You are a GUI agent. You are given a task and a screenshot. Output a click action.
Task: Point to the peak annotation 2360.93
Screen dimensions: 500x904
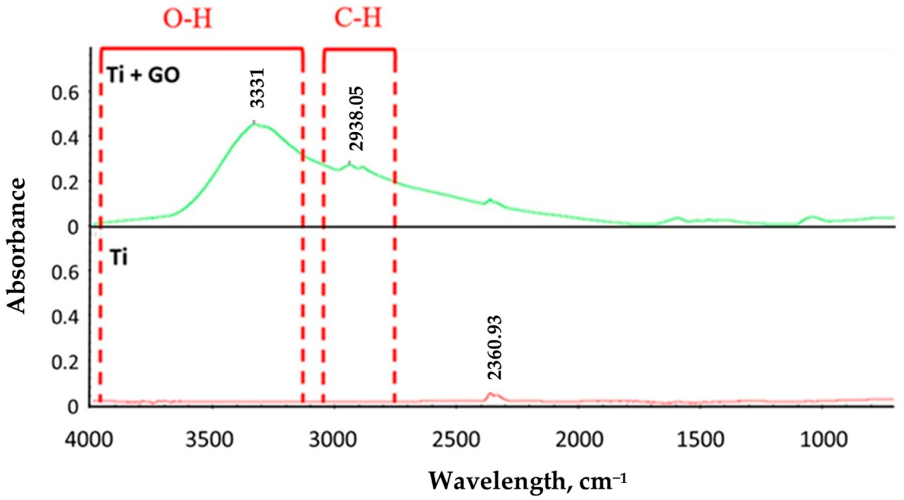tap(495, 348)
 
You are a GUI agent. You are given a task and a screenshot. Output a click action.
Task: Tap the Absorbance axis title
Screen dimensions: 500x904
tap(17, 246)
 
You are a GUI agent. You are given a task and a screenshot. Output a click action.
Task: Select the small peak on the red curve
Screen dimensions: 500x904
tap(491, 394)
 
